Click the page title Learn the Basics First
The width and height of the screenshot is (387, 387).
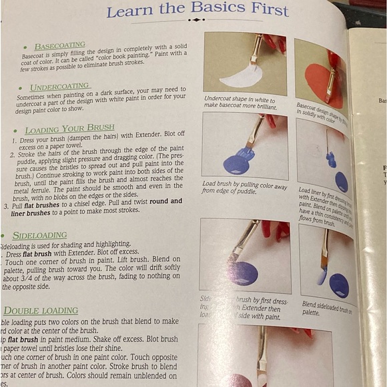[197, 10]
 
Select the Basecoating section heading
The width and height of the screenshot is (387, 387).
[59, 46]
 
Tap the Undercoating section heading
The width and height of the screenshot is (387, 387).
[60, 86]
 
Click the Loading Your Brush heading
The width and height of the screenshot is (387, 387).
[69, 129]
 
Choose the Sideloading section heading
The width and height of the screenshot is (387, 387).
[39, 236]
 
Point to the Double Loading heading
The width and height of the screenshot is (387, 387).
[41, 311]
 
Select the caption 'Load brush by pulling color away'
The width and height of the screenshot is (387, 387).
[244, 187]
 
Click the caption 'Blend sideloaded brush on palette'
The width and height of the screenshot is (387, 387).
[328, 308]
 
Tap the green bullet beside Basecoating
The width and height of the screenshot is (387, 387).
[25, 47]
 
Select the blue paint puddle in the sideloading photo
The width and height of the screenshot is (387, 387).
[243, 273]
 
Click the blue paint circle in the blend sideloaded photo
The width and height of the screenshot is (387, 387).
[339, 286]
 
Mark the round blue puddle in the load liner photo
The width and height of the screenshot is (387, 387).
[341, 181]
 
